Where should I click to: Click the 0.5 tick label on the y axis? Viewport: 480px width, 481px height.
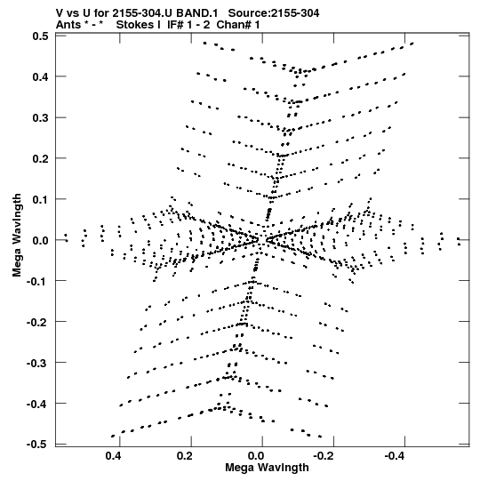pyautogui.click(x=40, y=36)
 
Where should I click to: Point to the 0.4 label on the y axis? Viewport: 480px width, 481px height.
pyautogui.click(x=40, y=76)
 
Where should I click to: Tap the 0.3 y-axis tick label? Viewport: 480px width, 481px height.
pyautogui.click(x=40, y=117)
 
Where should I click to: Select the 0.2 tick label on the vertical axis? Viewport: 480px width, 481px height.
pyautogui.click(x=40, y=158)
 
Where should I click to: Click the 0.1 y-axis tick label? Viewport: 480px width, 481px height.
pyautogui.click(x=40, y=199)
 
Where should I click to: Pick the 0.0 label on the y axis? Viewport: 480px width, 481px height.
pyautogui.click(x=40, y=240)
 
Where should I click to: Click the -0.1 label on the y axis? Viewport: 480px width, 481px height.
pyautogui.click(x=37, y=281)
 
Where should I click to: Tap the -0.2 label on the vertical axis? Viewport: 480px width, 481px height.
pyautogui.click(x=37, y=322)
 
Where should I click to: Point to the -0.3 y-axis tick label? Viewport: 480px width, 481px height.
pyautogui.click(x=37, y=363)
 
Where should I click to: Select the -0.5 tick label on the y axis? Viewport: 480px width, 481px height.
pyautogui.click(x=37, y=445)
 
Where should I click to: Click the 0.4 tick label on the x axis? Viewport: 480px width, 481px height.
pyautogui.click(x=114, y=456)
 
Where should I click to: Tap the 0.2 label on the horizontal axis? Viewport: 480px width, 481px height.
pyautogui.click(x=185, y=456)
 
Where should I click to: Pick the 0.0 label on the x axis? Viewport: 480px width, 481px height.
pyautogui.click(x=256, y=456)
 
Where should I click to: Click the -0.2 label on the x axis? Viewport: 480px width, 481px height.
pyautogui.click(x=324, y=456)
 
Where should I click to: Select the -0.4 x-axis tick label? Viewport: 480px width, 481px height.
pyautogui.click(x=396, y=456)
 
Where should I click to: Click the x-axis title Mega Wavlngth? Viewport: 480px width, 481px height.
pyautogui.click(x=267, y=468)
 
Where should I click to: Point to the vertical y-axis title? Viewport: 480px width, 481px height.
pyautogui.click(x=17, y=236)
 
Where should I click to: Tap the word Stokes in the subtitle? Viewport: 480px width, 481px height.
pyautogui.click(x=139, y=24)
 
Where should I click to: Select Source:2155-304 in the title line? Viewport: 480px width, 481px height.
pyautogui.click(x=274, y=13)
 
